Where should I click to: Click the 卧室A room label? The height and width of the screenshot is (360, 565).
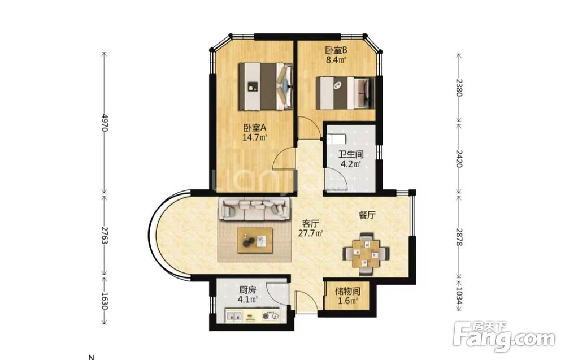pos(255,128)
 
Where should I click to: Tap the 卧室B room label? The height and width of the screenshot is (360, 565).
pos(336,50)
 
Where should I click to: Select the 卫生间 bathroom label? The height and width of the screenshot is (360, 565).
pos(351,155)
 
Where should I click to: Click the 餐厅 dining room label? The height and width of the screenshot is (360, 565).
pos(367,215)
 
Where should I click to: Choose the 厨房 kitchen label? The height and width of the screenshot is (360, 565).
pos(247,290)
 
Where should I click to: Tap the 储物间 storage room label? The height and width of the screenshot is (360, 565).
pos(347,291)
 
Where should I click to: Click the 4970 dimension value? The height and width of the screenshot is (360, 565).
pos(105,123)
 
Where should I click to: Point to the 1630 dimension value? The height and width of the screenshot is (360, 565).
pos(105,301)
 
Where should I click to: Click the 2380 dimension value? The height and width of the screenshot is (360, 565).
pos(459,88)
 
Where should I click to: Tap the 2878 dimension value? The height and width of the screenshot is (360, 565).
pos(459,237)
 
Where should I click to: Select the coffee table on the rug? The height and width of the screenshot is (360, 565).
pos(255,241)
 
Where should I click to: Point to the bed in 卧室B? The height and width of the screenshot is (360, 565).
pos(345,93)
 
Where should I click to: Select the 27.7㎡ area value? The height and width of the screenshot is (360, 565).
pos(310,233)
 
